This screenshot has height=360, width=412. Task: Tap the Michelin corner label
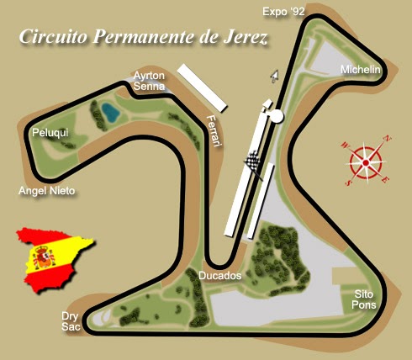point(361,68)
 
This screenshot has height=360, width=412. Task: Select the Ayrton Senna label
point(149,81)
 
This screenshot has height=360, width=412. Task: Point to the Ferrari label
point(214,130)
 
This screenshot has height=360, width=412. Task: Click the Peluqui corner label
point(49,133)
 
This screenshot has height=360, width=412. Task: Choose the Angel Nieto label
point(47,191)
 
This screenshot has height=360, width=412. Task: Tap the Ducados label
point(219,275)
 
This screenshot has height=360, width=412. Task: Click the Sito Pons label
point(363,299)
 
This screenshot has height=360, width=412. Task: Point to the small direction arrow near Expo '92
point(273,76)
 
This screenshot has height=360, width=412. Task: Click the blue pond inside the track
point(109,111)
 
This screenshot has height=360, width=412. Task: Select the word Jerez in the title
point(241,38)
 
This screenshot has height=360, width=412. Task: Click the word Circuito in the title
point(53,38)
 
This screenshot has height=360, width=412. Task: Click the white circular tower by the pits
point(277,116)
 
